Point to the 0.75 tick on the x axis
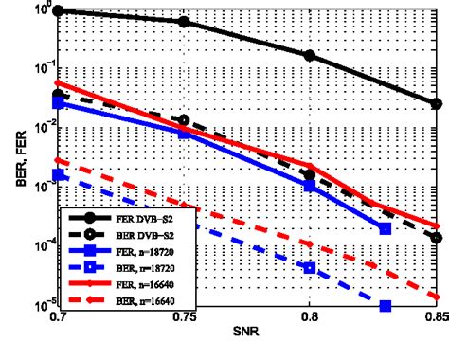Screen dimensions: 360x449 pos(184,320)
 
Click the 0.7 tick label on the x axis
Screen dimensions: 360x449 pos(59,320)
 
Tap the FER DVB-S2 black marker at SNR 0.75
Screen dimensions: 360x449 pos(184,21)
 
